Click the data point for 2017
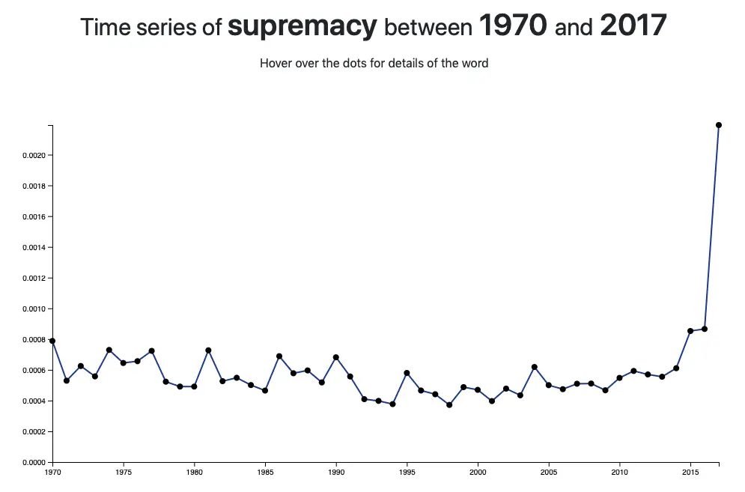[x=719, y=125]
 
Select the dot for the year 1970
[x=52, y=341]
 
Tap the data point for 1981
[x=208, y=350]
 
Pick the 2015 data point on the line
[x=690, y=331]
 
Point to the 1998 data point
[x=449, y=405]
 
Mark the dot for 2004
[x=535, y=367]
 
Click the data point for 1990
[x=336, y=357]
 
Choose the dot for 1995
[x=407, y=373]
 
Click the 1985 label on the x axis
[x=265, y=473]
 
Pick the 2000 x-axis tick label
[x=478, y=473]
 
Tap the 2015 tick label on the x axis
[x=690, y=473]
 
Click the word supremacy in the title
[x=302, y=27]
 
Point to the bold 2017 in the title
[x=633, y=27]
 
